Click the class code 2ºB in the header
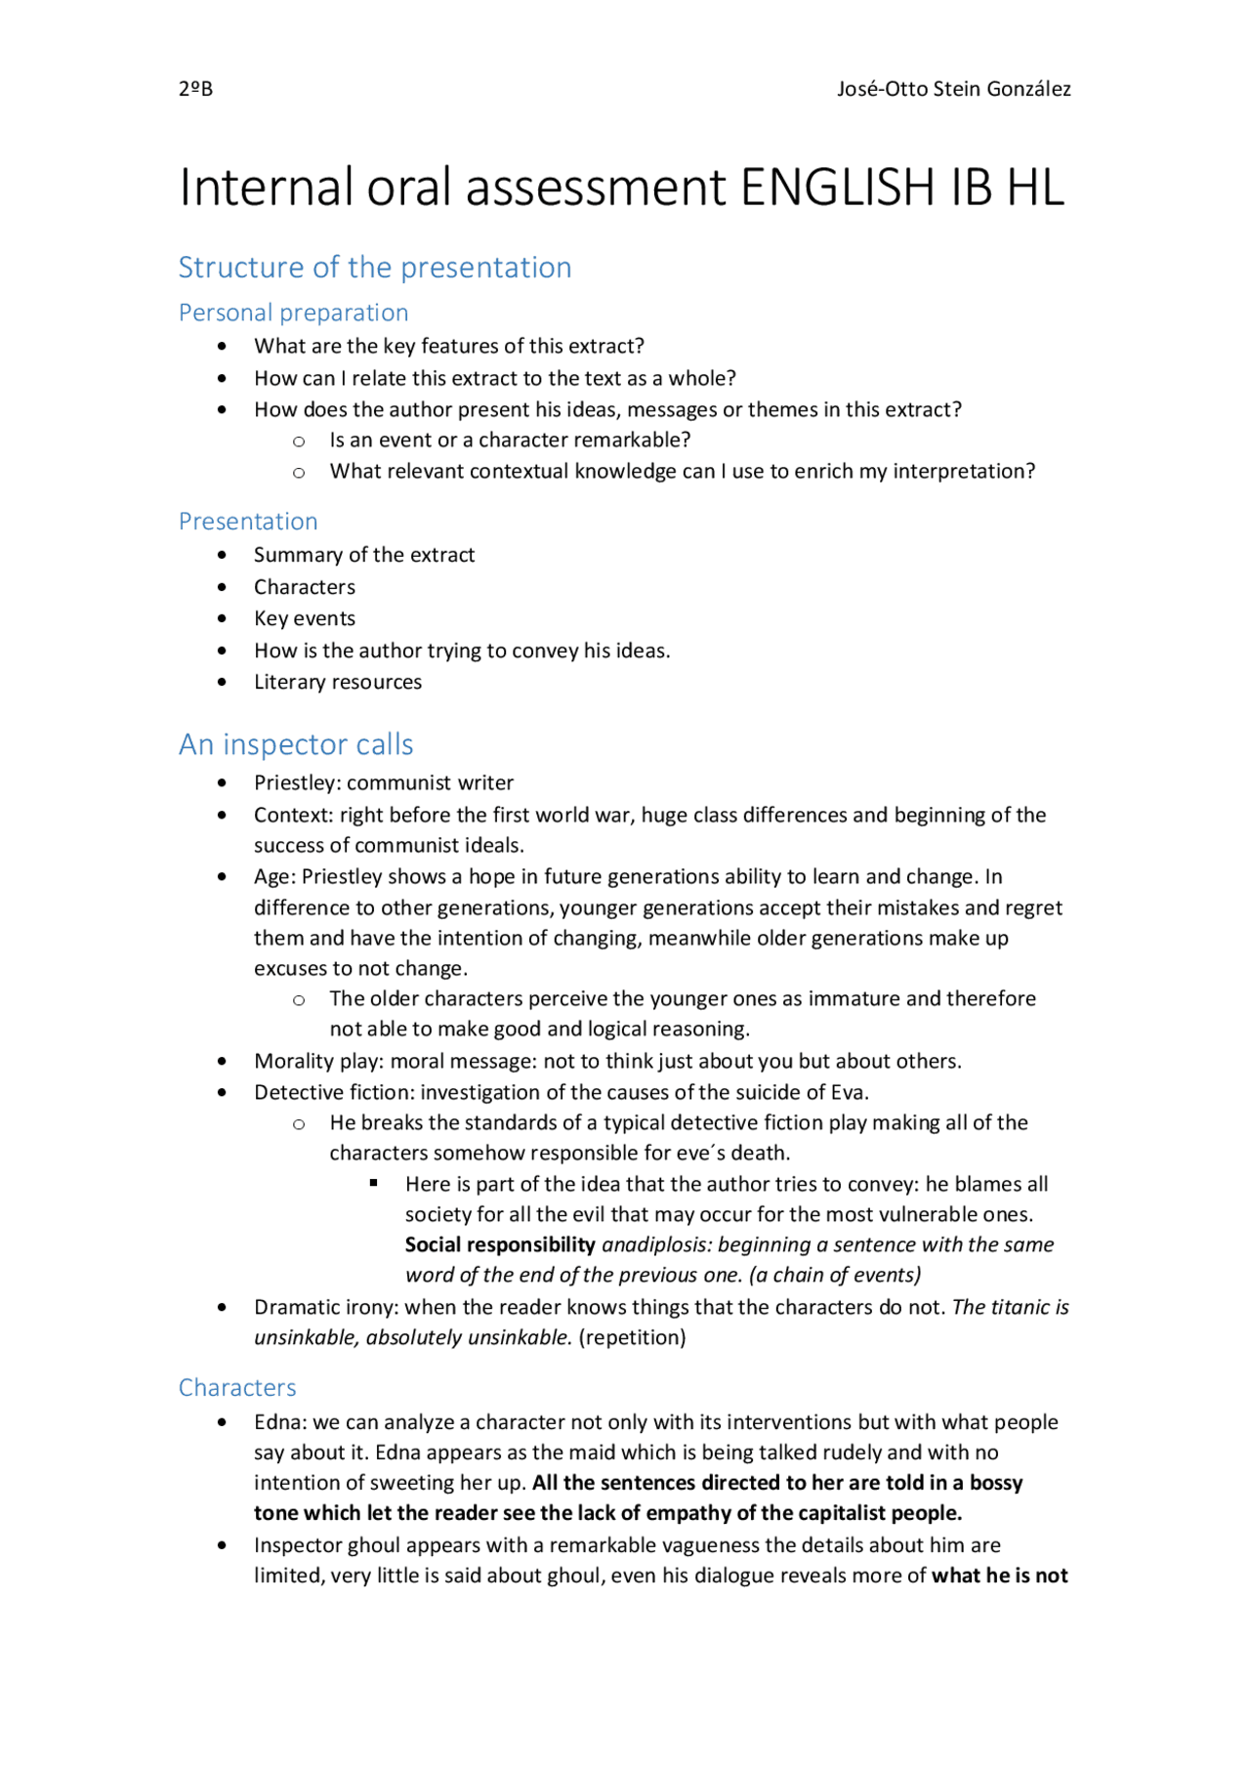pos(195,89)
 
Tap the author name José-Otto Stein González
pos(953,89)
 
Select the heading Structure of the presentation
pos(375,267)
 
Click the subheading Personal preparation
pos(293,313)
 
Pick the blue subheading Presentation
pos(248,521)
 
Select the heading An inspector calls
pos(296,744)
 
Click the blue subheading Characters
pos(237,1387)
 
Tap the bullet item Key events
pos(305,618)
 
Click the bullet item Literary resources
pos(338,682)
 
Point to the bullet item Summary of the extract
pos(364,555)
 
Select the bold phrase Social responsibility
pos(500,1244)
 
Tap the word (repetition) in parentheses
pos(632,1337)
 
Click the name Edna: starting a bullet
pos(280,1422)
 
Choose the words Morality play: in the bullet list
pos(318,1061)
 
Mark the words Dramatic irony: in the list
pos(327,1307)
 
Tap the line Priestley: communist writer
pos(384,782)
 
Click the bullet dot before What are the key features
pos(223,346)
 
